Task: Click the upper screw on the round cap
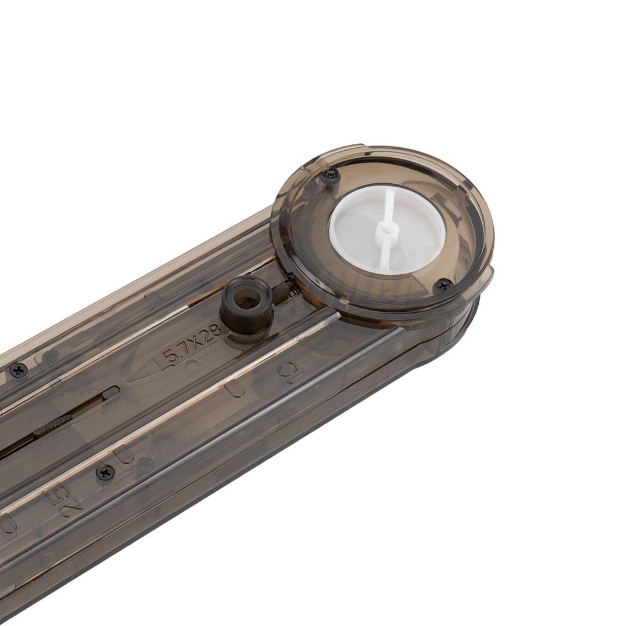pyautogui.click(x=330, y=174)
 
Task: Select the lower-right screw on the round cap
pyautogui.click(x=443, y=285)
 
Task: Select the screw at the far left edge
pyautogui.click(x=19, y=370)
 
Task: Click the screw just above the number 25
pyautogui.click(x=105, y=472)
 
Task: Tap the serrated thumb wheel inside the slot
pyautogui.click(x=52, y=426)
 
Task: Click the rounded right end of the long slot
pyautogui.click(x=111, y=392)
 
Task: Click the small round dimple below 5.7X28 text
pyautogui.click(x=192, y=366)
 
